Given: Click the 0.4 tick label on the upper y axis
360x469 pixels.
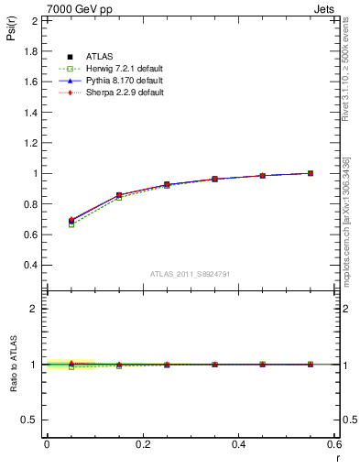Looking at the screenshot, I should click(31, 266).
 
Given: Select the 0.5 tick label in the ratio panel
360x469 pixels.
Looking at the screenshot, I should click(31, 420).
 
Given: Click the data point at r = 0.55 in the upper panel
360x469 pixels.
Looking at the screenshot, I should click(311, 173).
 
